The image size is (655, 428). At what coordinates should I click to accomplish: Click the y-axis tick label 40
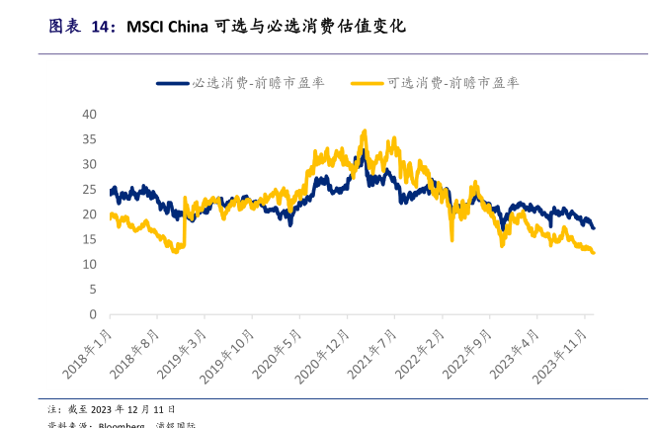(x=90, y=115)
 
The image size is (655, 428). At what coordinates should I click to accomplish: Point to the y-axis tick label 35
(x=90, y=139)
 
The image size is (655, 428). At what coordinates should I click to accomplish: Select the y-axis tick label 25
(x=90, y=190)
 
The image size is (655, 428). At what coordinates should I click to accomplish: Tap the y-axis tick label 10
(x=90, y=265)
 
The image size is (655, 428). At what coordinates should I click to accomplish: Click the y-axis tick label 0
(x=93, y=315)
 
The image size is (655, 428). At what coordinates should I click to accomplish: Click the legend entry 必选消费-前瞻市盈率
(x=258, y=83)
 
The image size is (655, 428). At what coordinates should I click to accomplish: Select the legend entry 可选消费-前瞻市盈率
(x=453, y=83)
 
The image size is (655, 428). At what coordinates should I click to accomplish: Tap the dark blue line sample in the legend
(x=173, y=83)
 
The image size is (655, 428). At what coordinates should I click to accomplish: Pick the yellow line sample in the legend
(x=368, y=83)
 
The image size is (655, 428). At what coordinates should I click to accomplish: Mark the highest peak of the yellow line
(x=365, y=130)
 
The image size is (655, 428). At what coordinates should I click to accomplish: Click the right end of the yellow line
(x=593, y=253)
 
